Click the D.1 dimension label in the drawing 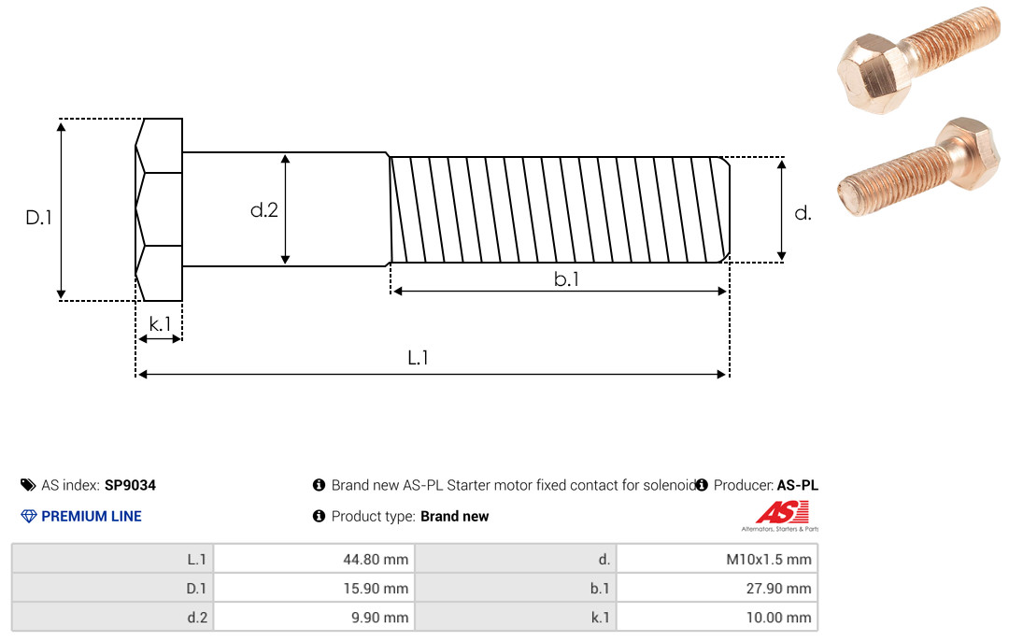[x=38, y=218]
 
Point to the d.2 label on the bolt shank [x=263, y=210]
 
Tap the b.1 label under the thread [x=566, y=278]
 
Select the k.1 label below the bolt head [x=160, y=323]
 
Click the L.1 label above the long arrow [x=418, y=357]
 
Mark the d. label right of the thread [x=803, y=213]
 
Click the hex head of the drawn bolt [x=159, y=209]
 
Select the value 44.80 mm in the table [x=376, y=559]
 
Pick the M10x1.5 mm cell [x=768, y=559]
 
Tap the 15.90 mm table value [x=376, y=588]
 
